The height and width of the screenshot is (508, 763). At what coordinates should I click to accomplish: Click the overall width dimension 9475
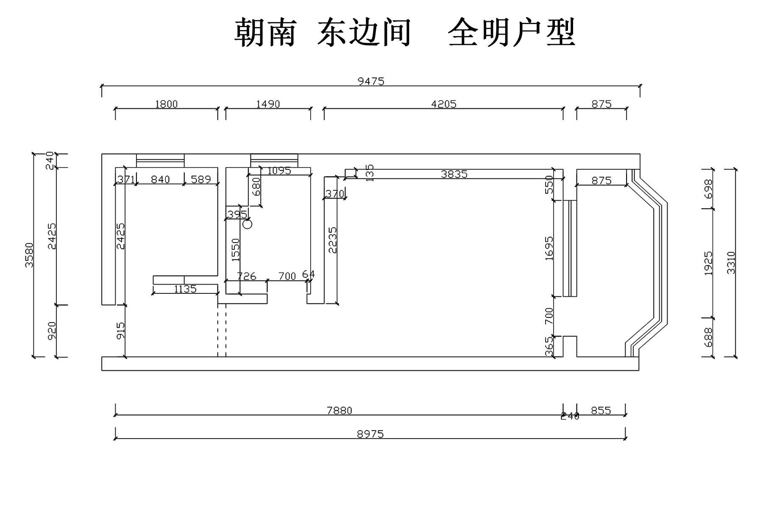371,81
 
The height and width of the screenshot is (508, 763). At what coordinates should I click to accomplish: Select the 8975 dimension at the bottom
370,434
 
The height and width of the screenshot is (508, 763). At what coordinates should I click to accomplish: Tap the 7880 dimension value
340,410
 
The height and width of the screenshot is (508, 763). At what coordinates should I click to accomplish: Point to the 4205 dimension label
443,104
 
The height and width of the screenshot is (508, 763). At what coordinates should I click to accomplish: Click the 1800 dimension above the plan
166,104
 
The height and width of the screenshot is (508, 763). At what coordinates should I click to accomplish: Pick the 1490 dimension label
268,104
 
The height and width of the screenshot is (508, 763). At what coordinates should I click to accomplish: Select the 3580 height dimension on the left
29,255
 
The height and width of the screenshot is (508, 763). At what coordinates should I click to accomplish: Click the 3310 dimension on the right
731,262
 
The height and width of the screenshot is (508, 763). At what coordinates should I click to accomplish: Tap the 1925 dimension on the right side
708,263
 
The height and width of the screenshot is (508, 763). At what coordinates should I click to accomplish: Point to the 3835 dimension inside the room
454,174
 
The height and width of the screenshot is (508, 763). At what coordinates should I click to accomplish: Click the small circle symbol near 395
248,224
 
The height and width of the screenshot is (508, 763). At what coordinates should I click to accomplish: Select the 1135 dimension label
185,289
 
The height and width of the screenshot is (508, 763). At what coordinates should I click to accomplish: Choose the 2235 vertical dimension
333,240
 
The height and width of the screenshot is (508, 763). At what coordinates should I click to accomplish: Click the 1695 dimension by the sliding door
549,248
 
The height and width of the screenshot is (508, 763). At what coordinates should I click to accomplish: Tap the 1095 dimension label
279,171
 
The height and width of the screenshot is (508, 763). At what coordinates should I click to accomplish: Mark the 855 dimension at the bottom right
601,410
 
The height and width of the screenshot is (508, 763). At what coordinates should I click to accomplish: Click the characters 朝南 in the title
265,33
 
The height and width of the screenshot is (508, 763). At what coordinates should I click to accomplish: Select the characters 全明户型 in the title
511,33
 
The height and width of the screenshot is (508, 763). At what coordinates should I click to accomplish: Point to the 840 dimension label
160,179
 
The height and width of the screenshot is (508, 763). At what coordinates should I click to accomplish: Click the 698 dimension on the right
708,189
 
